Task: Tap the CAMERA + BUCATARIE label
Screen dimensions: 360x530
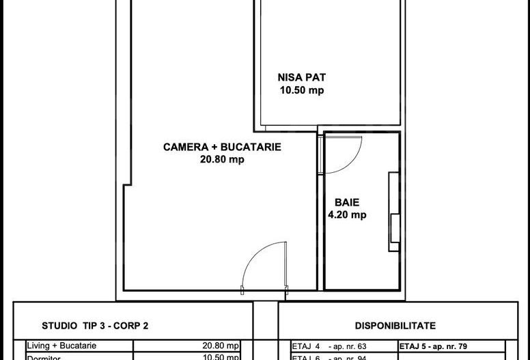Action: click(222, 147)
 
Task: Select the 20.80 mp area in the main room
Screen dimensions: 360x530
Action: click(222, 160)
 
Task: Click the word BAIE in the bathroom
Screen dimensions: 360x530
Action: click(347, 202)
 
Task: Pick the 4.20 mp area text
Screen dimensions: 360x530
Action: click(347, 214)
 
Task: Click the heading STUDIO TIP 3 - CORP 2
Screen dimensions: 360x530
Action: click(95, 326)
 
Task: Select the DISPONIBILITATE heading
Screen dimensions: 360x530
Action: click(395, 326)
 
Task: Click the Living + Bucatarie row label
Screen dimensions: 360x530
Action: click(57, 346)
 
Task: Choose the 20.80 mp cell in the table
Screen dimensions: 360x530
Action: click(220, 346)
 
